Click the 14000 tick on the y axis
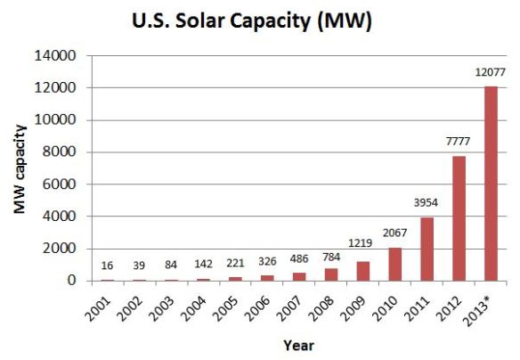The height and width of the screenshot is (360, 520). (61, 56)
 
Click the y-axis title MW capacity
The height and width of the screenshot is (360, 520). (19, 169)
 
